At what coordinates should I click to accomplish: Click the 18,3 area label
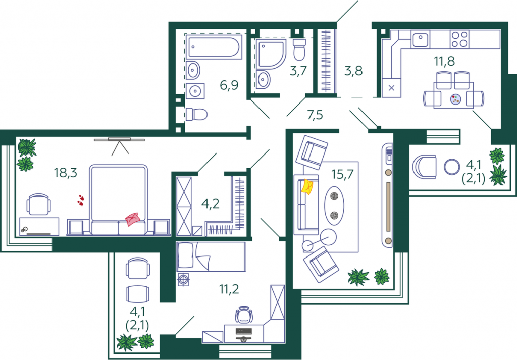pyautogui.click(x=66, y=172)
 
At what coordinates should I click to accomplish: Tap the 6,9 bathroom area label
pyautogui.click(x=229, y=85)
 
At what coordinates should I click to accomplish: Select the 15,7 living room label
pyautogui.click(x=343, y=174)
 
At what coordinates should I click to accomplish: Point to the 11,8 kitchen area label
pyautogui.click(x=444, y=61)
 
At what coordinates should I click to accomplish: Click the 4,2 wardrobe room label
pyautogui.click(x=211, y=204)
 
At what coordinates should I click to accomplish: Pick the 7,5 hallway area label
pyautogui.click(x=315, y=115)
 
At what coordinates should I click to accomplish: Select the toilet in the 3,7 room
pyautogui.click(x=299, y=49)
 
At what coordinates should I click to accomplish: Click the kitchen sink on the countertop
pyautogui.click(x=421, y=39)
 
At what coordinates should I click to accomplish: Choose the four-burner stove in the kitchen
pyautogui.click(x=459, y=39)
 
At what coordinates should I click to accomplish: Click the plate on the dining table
pyautogui.click(x=455, y=99)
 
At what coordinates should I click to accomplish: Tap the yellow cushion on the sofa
pyautogui.click(x=307, y=187)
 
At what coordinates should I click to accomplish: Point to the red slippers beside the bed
pyautogui.click(x=80, y=200)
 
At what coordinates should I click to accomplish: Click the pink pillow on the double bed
pyautogui.click(x=133, y=219)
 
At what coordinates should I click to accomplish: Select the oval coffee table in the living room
pyautogui.click(x=334, y=205)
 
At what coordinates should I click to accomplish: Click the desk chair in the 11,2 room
pyautogui.click(x=244, y=315)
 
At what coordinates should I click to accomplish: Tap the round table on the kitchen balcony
pyautogui.click(x=452, y=167)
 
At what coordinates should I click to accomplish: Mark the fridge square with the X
pyautogui.click(x=391, y=88)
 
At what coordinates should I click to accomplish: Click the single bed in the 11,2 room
pyautogui.click(x=211, y=257)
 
